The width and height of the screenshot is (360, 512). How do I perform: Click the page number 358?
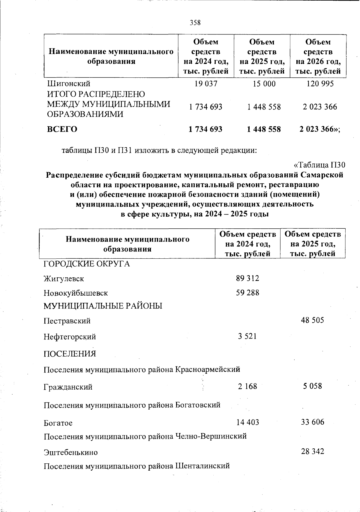(x=195, y=23)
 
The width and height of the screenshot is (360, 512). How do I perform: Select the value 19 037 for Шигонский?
(x=206, y=84)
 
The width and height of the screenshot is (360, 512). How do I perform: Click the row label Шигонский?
(x=69, y=84)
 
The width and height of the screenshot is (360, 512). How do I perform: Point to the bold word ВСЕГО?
(x=62, y=129)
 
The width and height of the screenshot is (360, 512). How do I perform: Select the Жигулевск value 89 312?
(x=247, y=278)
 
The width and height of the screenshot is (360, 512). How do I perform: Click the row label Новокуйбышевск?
(x=76, y=293)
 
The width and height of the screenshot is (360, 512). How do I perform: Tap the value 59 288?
(x=247, y=292)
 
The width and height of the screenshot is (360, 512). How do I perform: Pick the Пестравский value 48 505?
(x=313, y=320)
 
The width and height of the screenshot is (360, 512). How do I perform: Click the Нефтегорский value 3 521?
(x=247, y=336)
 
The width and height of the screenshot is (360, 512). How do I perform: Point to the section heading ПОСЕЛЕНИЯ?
(x=70, y=354)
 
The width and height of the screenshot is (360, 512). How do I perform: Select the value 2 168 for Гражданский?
(x=247, y=386)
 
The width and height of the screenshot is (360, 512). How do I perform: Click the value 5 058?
(x=313, y=386)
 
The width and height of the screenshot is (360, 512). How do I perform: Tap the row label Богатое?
(x=58, y=423)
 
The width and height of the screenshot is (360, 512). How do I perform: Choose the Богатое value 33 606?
(x=313, y=422)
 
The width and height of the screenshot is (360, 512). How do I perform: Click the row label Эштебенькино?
(x=70, y=452)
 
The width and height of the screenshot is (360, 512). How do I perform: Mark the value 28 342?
(x=313, y=452)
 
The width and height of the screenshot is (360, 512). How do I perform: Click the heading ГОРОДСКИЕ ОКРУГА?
(x=87, y=264)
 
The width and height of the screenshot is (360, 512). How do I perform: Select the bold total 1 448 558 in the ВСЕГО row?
(x=264, y=129)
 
